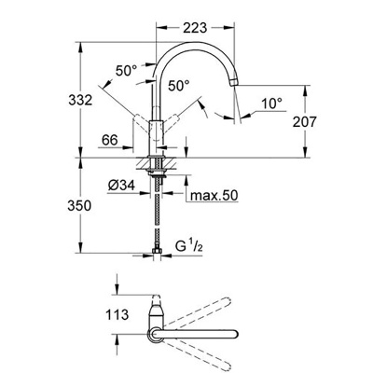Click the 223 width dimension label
(x=195, y=28)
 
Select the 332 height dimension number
(x=80, y=100)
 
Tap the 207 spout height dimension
(x=304, y=122)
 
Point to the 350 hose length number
(x=79, y=206)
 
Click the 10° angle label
(x=271, y=104)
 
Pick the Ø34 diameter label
(x=121, y=186)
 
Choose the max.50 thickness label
(x=214, y=196)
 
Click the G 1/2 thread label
(x=189, y=247)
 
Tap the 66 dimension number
(x=110, y=140)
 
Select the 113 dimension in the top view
(x=117, y=314)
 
